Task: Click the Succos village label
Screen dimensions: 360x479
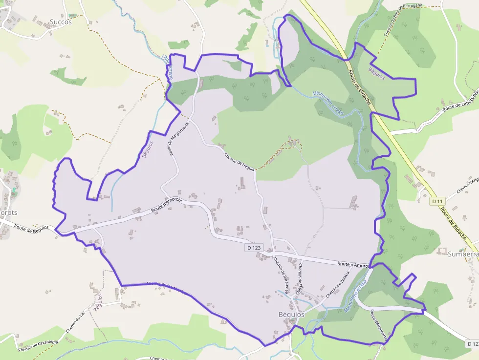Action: click(x=61, y=21)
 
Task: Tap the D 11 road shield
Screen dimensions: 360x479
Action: click(x=437, y=201)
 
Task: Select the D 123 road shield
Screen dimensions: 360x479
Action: click(x=254, y=248)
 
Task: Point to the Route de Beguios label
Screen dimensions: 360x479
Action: click(x=31, y=228)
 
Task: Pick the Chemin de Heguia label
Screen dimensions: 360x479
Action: click(x=239, y=161)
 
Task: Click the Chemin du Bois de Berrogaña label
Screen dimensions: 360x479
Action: click(x=402, y=19)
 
